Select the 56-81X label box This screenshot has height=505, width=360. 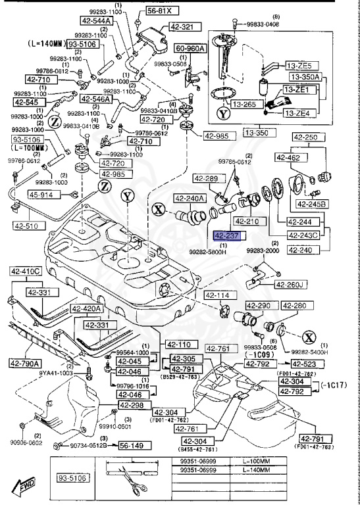(x=159, y=11)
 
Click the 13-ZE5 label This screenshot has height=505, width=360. (x=301, y=66)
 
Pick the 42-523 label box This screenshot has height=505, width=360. (x=323, y=364)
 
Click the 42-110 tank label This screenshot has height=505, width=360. (x=178, y=345)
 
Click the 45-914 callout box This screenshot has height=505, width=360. (x=43, y=195)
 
